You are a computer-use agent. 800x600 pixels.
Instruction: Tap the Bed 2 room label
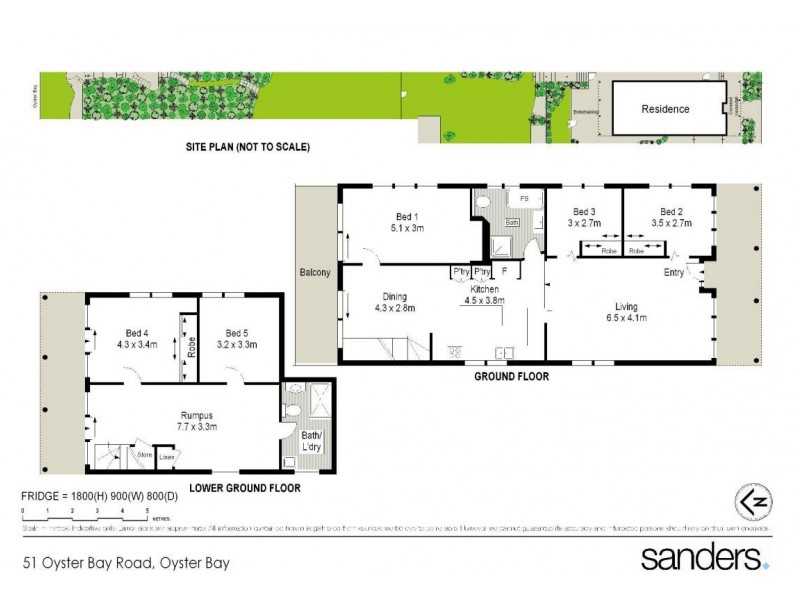point(671,211)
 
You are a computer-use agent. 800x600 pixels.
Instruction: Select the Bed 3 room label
point(584,211)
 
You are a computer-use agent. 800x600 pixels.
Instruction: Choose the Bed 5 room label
point(236,333)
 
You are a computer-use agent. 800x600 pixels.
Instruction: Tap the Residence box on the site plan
point(665,109)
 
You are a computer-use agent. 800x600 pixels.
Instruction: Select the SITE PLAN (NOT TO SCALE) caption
point(248,147)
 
